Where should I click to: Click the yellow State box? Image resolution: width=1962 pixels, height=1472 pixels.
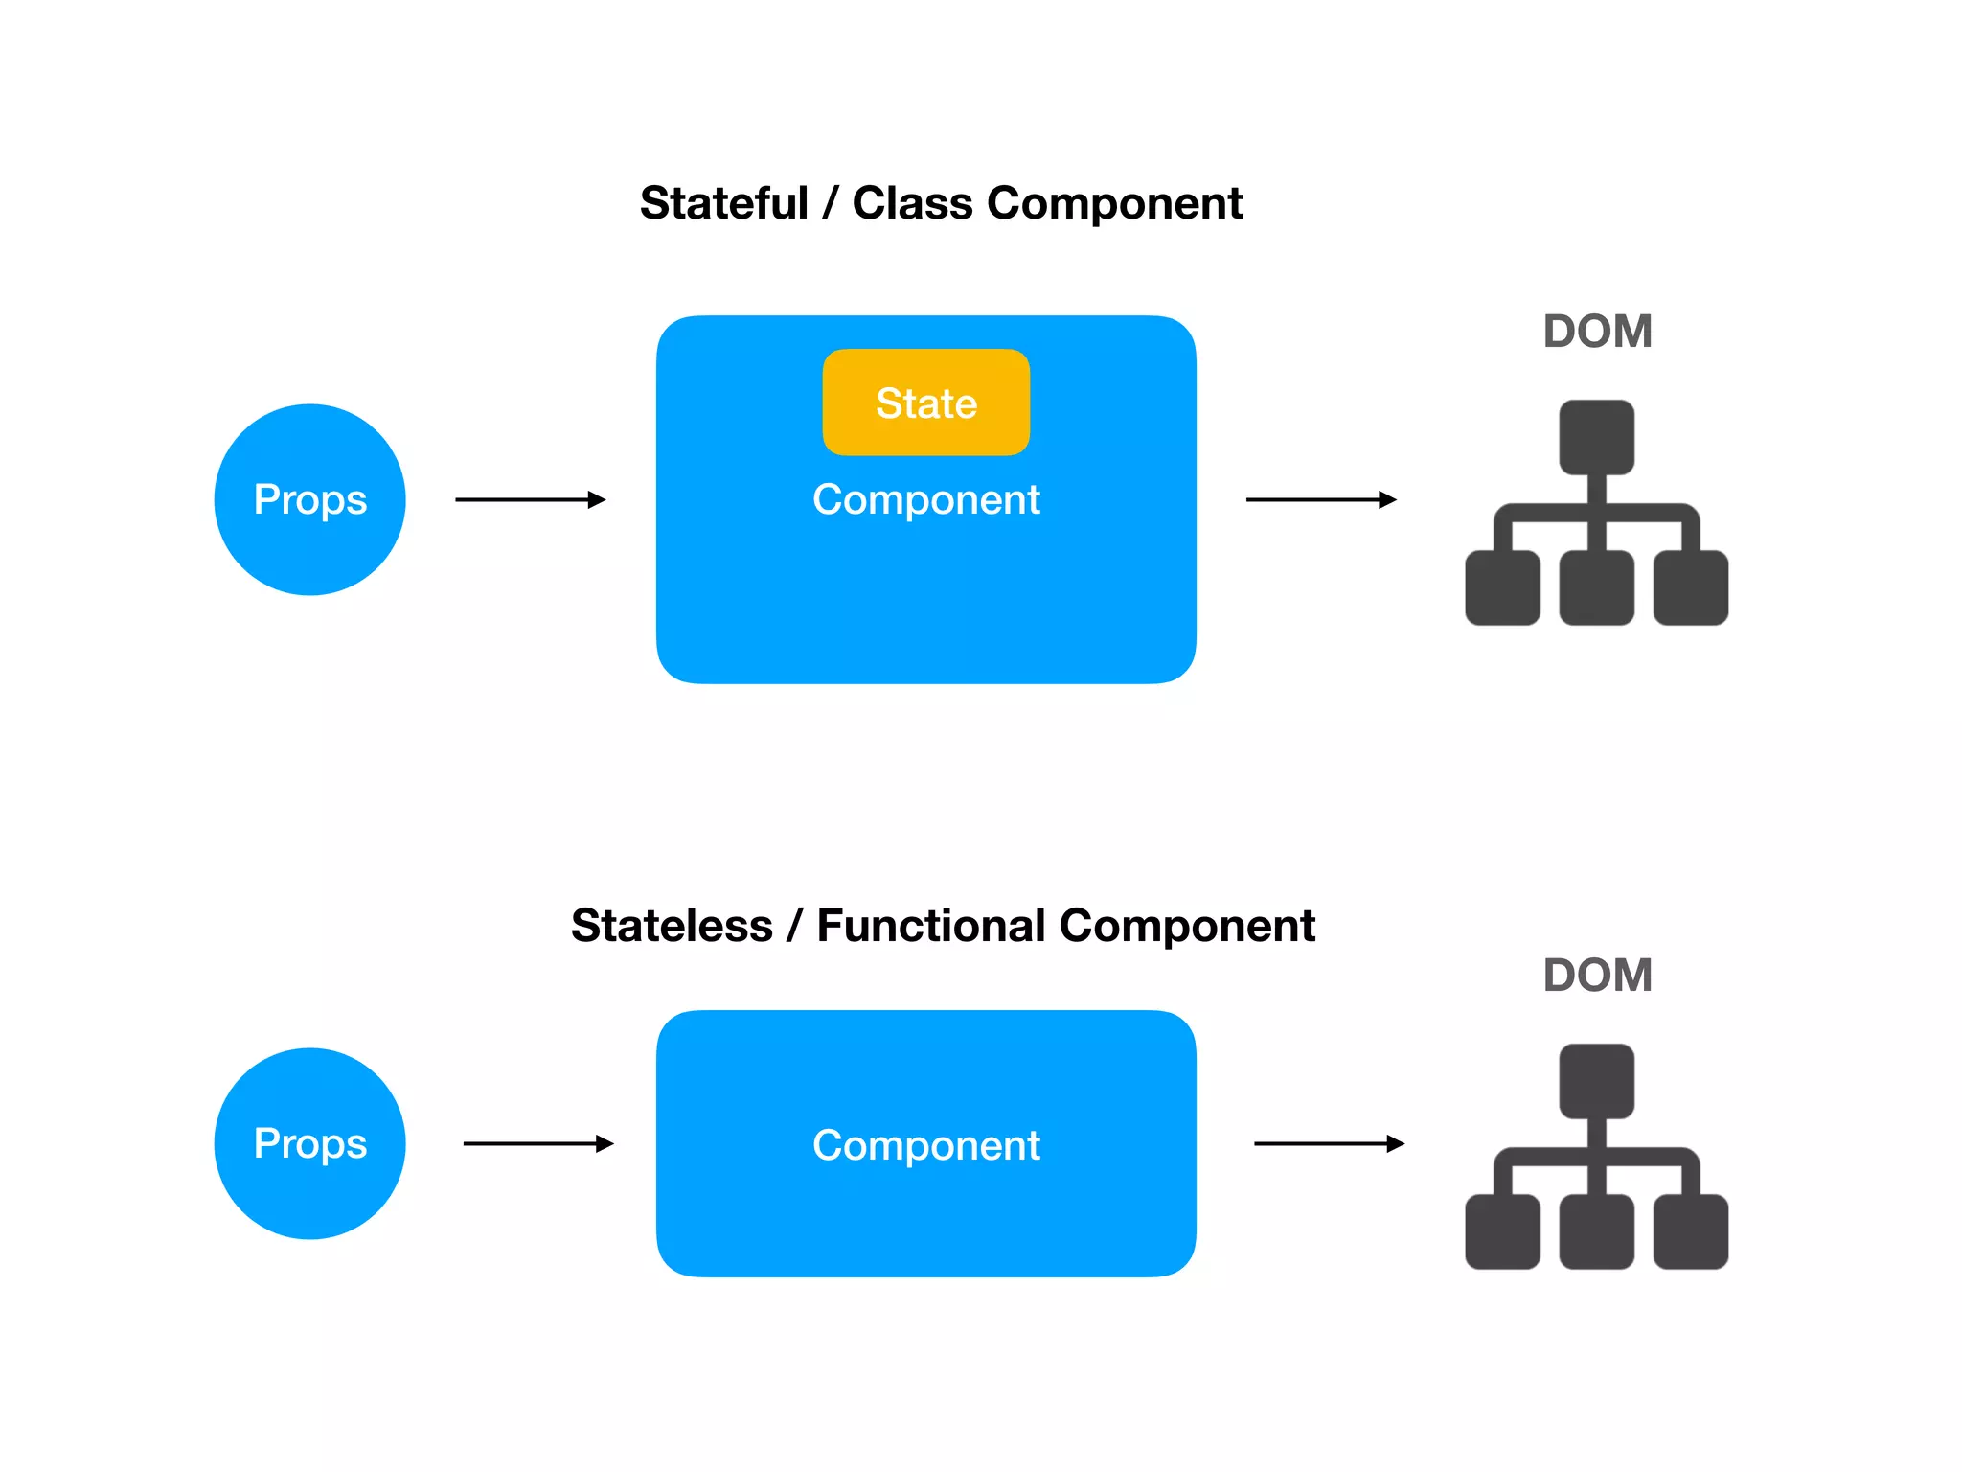(x=925, y=402)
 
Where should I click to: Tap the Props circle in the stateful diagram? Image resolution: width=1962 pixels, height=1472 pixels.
(x=309, y=499)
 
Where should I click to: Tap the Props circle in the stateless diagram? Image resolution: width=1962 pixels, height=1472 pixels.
(x=309, y=1143)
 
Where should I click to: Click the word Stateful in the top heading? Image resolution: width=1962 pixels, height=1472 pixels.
(x=724, y=203)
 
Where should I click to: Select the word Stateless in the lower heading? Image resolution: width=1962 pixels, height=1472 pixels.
(x=672, y=926)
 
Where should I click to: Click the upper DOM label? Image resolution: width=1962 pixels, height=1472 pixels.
(x=1597, y=332)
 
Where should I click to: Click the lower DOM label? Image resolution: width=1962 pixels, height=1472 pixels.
(x=1597, y=976)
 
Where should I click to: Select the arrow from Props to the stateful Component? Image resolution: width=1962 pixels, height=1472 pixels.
(x=530, y=499)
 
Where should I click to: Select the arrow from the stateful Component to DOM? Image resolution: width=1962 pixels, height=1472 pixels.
(x=1320, y=499)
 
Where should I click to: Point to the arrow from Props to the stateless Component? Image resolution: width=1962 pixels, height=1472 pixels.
(x=537, y=1143)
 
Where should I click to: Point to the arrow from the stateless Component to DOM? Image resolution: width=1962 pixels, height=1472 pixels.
(x=1328, y=1143)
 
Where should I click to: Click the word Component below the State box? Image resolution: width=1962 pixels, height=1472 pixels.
(x=925, y=499)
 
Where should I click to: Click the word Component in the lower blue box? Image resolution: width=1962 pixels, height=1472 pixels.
(x=925, y=1145)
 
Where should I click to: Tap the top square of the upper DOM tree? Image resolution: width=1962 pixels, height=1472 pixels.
(x=1596, y=437)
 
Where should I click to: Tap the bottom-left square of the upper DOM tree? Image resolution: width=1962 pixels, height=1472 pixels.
(x=1502, y=587)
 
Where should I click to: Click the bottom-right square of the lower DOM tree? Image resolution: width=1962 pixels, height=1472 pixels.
(x=1690, y=1231)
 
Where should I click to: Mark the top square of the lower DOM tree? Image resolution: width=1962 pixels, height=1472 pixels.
(x=1596, y=1081)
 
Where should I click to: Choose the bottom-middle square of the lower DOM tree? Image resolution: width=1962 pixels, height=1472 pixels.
(x=1596, y=1231)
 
